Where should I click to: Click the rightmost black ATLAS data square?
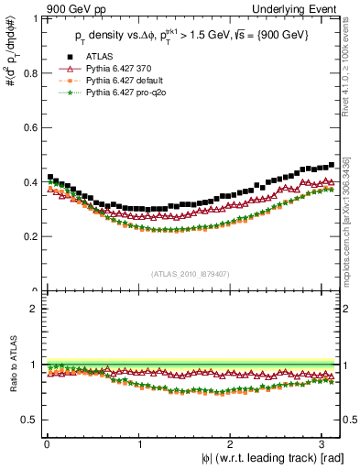tap(331, 165)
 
